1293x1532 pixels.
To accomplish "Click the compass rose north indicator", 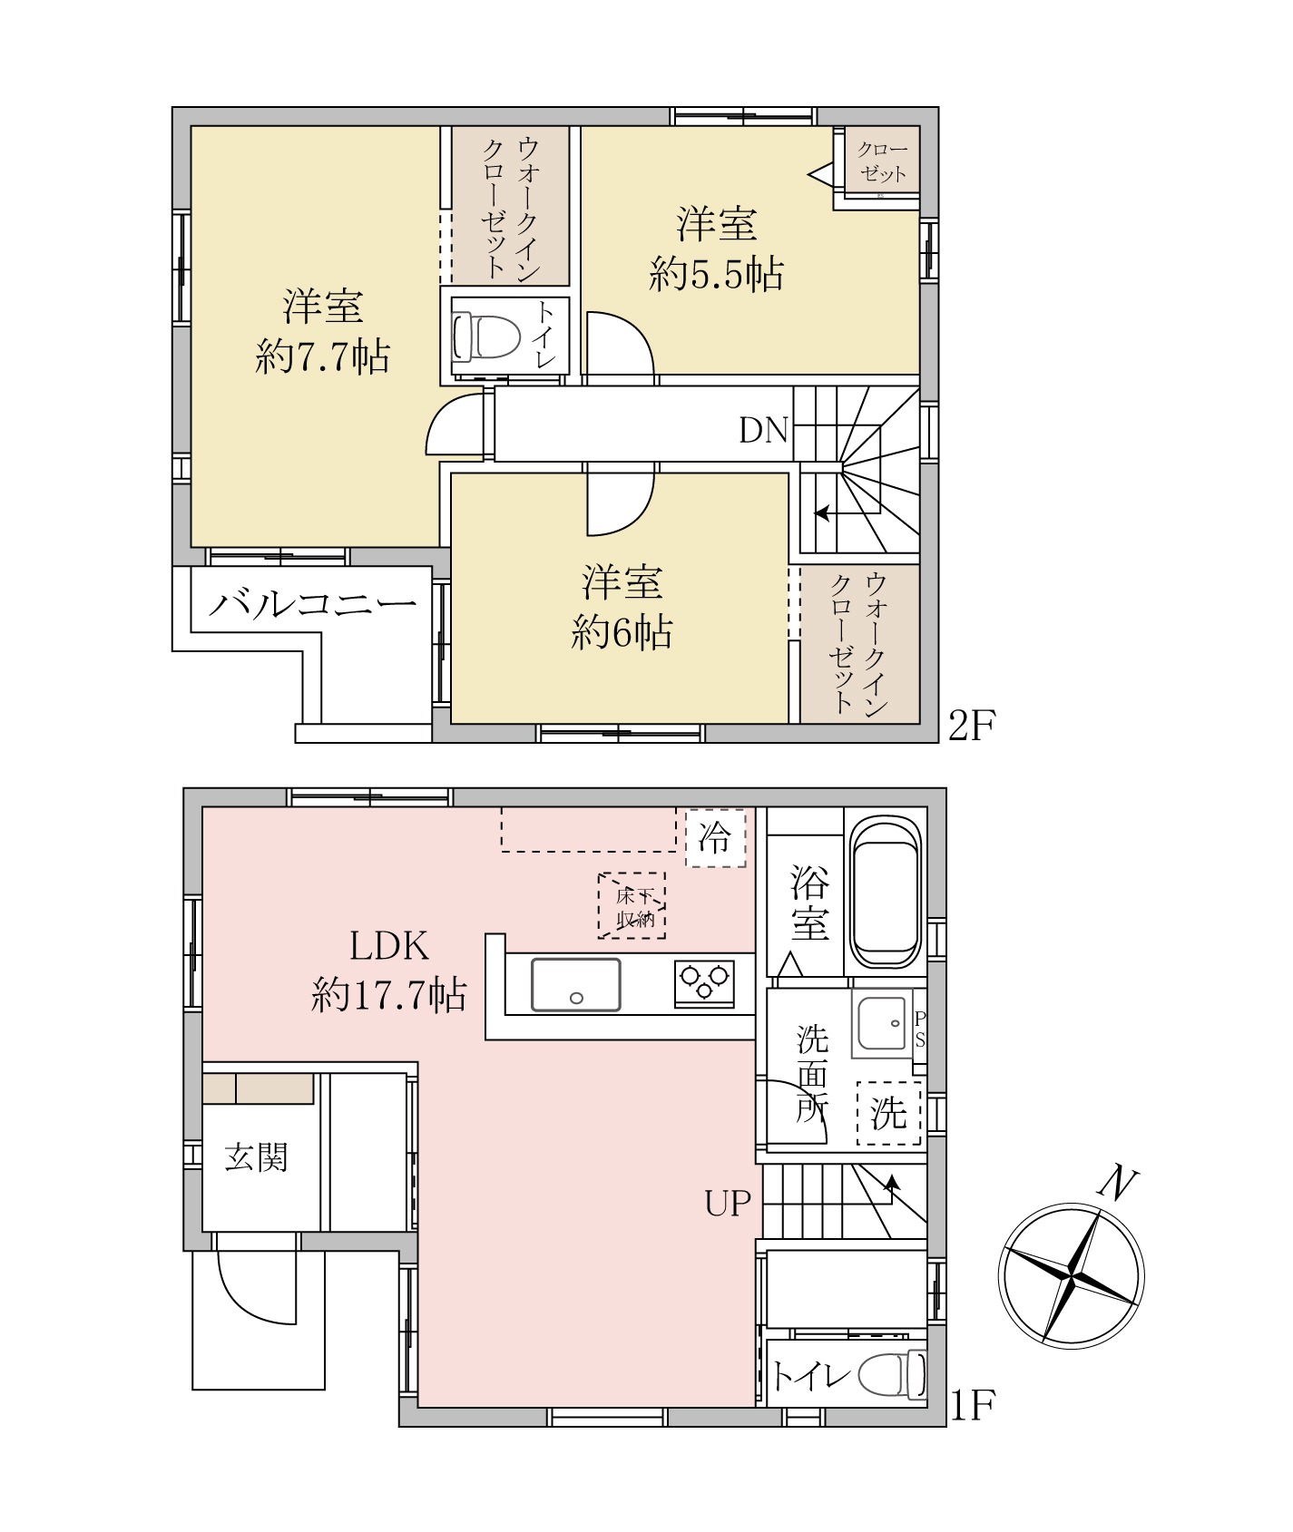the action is coord(1071,1274).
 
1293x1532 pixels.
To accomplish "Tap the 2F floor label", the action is coord(972,726).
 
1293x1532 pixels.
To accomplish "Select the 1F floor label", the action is coord(972,1407).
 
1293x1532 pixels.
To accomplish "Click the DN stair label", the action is coord(763,430).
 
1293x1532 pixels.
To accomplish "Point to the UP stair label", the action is coord(728,1204).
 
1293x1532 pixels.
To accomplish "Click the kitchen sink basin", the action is coord(576,984).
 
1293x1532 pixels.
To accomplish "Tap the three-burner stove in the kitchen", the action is coord(704,983).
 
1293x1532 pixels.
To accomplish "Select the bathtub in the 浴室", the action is coord(886,893).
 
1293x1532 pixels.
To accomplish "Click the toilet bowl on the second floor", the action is coord(486,337).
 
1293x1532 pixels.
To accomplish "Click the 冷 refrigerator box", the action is coord(715,837).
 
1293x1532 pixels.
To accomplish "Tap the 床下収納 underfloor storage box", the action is coord(632,905).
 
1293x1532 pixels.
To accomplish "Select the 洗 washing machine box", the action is coord(889,1113).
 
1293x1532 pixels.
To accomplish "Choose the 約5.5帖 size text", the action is coord(717,273).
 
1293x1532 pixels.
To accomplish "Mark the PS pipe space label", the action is coord(920,1029).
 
